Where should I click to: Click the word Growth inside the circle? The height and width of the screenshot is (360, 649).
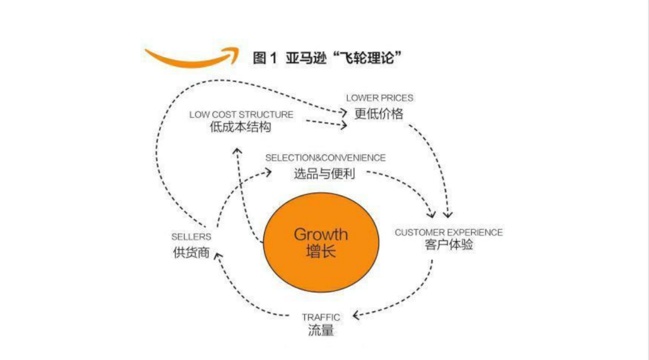click(x=321, y=234)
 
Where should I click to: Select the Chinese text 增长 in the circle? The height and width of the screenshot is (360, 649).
click(x=321, y=251)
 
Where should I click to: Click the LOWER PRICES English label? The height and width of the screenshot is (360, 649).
click(x=380, y=98)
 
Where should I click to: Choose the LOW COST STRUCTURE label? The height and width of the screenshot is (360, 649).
click(x=242, y=114)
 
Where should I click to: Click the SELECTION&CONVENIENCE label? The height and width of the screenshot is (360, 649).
click(x=326, y=158)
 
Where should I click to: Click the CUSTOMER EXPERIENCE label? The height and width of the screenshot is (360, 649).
click(x=449, y=232)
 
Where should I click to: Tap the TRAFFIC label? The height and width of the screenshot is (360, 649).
click(x=321, y=317)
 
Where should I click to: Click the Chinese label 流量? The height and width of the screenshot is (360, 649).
click(x=320, y=331)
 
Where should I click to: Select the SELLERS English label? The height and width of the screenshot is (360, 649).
click(x=191, y=237)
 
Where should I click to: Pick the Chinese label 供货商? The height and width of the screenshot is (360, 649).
click(x=191, y=252)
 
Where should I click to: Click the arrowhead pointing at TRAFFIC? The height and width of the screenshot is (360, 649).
click(x=356, y=316)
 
